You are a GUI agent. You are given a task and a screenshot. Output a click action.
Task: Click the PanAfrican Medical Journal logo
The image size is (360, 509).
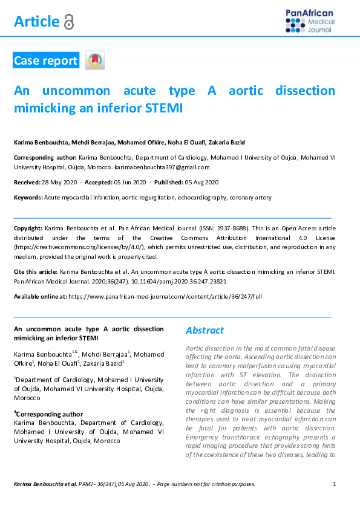pyautogui.click(x=309, y=21)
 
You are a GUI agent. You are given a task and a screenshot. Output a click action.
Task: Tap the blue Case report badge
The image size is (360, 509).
pyautogui.click(x=46, y=60)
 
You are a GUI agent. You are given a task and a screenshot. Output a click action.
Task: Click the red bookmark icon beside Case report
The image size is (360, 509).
pyautogui.click(x=95, y=60)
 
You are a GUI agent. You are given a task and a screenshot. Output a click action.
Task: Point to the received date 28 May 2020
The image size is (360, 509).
pyautogui.click(x=63, y=182)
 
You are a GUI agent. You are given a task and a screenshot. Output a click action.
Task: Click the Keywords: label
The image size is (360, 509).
pyautogui.click(x=28, y=198)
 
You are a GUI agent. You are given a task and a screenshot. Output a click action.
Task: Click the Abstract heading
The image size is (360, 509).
pyautogui.click(x=205, y=331)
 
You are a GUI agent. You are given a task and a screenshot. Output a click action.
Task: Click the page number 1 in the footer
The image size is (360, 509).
pyautogui.click(x=335, y=484)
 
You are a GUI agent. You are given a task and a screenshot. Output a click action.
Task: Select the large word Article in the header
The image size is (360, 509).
pyautogui.click(x=37, y=22)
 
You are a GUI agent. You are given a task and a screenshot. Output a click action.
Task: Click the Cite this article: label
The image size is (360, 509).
pyautogui.click(x=36, y=273)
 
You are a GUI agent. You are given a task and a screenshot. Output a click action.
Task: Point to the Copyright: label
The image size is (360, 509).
pyautogui.click(x=28, y=230)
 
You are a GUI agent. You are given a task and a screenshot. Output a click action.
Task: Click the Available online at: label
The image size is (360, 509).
pyautogui.click(x=40, y=297)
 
